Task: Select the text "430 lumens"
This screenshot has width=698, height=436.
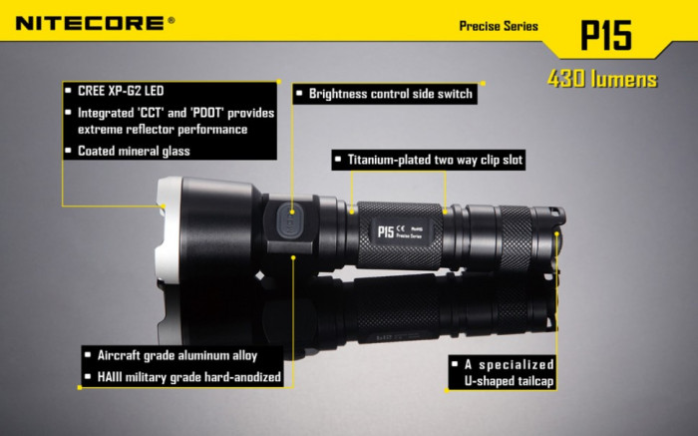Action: pos(602,80)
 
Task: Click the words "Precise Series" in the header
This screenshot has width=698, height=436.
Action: pos(498,26)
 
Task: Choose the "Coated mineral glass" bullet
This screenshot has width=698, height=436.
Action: pos(134,151)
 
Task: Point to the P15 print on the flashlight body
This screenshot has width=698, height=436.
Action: pos(385,231)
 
